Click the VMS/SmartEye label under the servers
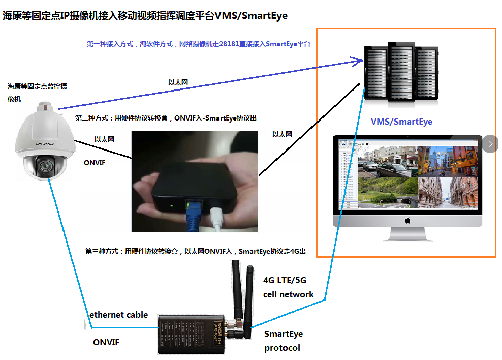(401, 122)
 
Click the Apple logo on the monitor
(407, 221)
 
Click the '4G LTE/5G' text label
(285, 280)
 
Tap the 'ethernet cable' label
(118, 315)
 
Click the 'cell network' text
(288, 294)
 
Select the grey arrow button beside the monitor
(490, 144)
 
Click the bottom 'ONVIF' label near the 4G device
(106, 342)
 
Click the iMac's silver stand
(407, 234)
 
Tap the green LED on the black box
(172, 206)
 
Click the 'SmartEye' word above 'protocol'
(283, 334)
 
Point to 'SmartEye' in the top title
(264, 15)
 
